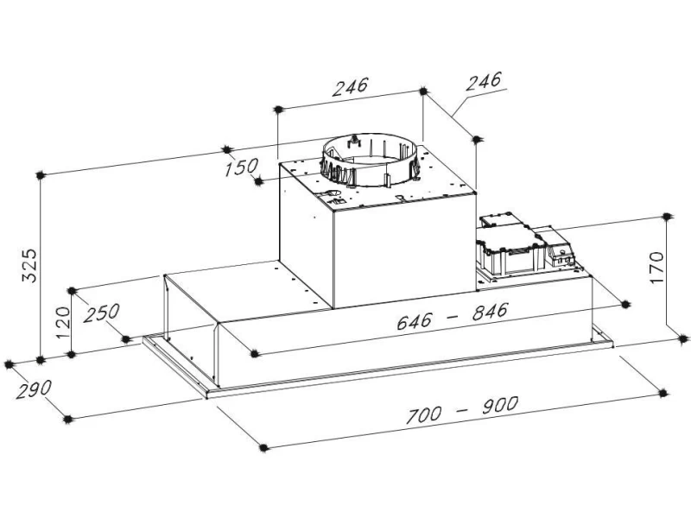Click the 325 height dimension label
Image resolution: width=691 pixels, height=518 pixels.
tap(30, 266)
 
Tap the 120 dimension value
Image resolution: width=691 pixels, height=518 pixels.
tap(63, 322)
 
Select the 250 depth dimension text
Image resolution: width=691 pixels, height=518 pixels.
tap(102, 313)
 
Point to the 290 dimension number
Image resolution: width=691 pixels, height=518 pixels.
tap(34, 389)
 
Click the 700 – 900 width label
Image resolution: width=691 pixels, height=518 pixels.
tap(462, 409)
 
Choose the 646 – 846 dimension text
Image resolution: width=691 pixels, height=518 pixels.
tap(453, 316)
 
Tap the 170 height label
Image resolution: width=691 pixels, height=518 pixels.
tap(656, 268)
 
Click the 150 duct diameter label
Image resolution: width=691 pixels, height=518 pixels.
tap(241, 167)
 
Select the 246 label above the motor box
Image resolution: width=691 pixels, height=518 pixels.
tap(351, 87)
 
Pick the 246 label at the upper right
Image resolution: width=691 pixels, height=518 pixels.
tap(484, 81)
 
